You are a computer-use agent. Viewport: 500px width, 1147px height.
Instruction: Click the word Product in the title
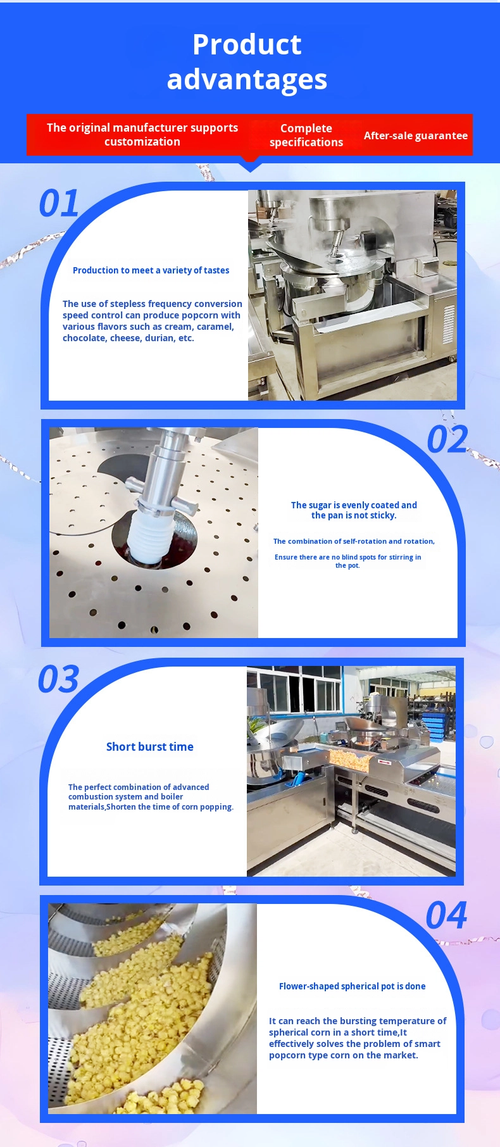247,44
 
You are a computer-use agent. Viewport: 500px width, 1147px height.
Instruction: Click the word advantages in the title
247,80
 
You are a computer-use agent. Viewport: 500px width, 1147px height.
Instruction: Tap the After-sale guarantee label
416,135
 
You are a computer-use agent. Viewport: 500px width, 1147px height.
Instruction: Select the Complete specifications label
306,135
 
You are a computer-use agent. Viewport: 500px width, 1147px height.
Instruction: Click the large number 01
59,204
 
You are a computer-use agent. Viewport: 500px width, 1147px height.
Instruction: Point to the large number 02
447,439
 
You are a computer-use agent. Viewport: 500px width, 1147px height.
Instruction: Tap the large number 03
58,679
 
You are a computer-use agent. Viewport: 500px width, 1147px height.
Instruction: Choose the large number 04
446,915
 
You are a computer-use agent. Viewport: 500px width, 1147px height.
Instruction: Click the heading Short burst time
150,747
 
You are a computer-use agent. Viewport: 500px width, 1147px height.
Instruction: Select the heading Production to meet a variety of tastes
151,270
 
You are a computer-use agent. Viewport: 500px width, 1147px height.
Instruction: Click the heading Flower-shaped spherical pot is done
353,986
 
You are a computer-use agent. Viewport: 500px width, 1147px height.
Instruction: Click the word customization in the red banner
142,142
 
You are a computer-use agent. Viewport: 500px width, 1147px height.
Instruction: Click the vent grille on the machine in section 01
448,324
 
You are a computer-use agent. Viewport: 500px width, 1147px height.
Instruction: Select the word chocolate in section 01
85,338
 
